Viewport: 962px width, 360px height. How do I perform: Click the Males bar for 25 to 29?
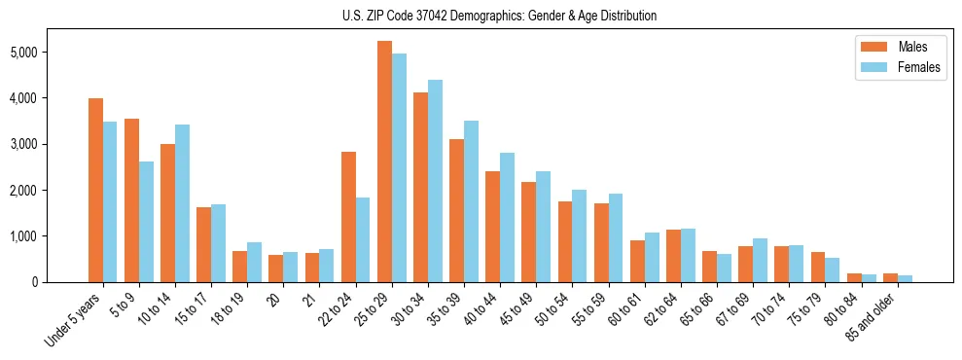coord(384,162)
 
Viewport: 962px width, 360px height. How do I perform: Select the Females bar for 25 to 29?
coord(399,167)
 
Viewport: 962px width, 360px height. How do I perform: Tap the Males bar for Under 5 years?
coord(95,190)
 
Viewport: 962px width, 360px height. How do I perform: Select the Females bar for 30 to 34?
coord(435,181)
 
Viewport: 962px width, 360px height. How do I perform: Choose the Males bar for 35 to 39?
coord(456,210)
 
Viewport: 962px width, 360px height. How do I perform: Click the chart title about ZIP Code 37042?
coord(499,16)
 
